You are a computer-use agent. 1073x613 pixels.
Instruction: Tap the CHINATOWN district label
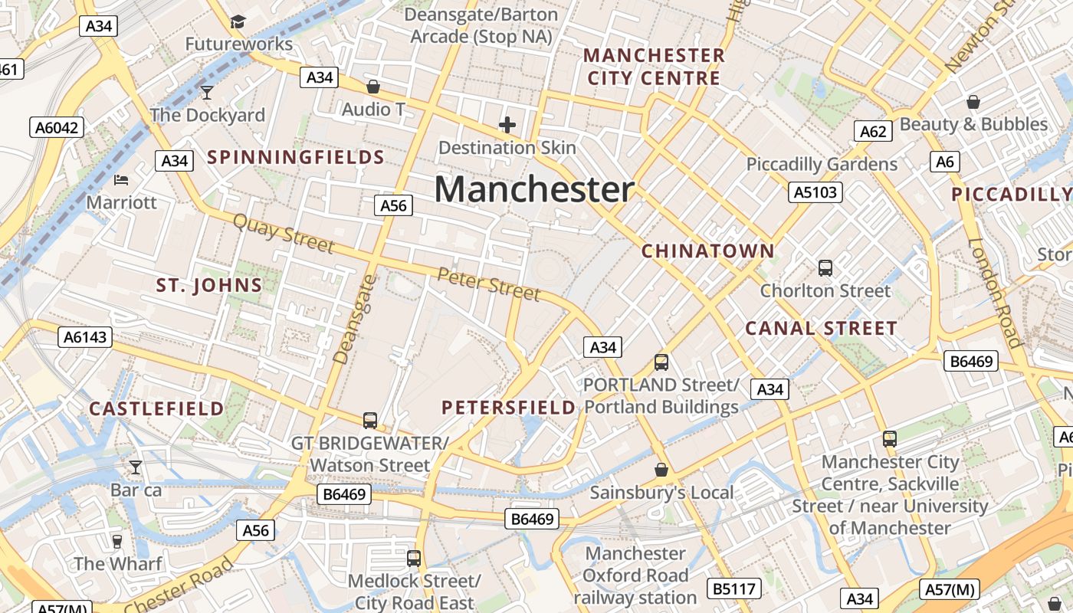(x=707, y=251)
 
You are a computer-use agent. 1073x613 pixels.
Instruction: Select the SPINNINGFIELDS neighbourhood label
(x=296, y=158)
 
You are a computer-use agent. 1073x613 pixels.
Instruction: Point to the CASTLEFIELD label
(x=156, y=408)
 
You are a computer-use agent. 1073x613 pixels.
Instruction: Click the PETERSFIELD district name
(x=509, y=408)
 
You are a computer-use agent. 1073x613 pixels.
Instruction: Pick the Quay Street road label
(x=283, y=234)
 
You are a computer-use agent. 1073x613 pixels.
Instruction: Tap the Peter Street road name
(x=489, y=284)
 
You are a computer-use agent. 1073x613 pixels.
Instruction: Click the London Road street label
(x=996, y=293)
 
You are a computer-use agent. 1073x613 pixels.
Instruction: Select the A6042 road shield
(x=57, y=127)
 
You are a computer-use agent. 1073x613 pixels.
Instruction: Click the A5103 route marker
(x=815, y=192)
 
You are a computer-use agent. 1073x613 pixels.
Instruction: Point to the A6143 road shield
(x=86, y=337)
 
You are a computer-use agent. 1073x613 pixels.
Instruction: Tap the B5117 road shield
(x=734, y=588)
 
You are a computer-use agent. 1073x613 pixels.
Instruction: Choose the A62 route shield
(x=873, y=131)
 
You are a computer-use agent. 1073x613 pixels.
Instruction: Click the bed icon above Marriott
(x=121, y=180)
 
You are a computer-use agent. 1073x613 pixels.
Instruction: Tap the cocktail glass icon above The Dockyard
(x=206, y=93)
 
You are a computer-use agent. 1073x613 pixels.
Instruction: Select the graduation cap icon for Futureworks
(x=238, y=21)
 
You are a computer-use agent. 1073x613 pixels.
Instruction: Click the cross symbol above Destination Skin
(x=507, y=124)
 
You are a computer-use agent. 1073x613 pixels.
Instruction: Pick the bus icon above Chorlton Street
(x=825, y=268)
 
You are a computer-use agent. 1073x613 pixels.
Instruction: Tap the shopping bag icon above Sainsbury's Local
(x=661, y=469)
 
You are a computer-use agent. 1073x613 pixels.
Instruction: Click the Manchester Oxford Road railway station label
(x=635, y=575)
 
